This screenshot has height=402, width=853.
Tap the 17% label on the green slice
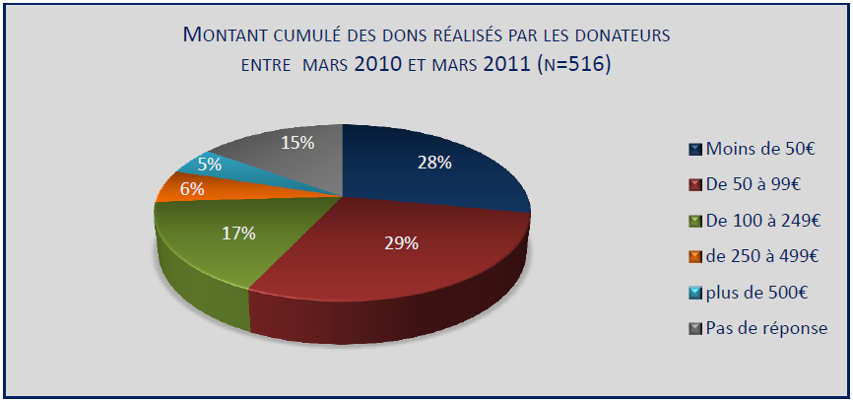[x=238, y=234]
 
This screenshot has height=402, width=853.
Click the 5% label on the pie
[x=209, y=165]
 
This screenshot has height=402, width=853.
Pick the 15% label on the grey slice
[x=297, y=143]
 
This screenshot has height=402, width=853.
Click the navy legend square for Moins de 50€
[x=696, y=149]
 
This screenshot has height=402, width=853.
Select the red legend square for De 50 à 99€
[x=696, y=184]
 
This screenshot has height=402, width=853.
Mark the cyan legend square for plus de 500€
[x=696, y=292]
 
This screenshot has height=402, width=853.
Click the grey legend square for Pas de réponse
[x=696, y=328]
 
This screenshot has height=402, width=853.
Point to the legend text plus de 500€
[x=756, y=292]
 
